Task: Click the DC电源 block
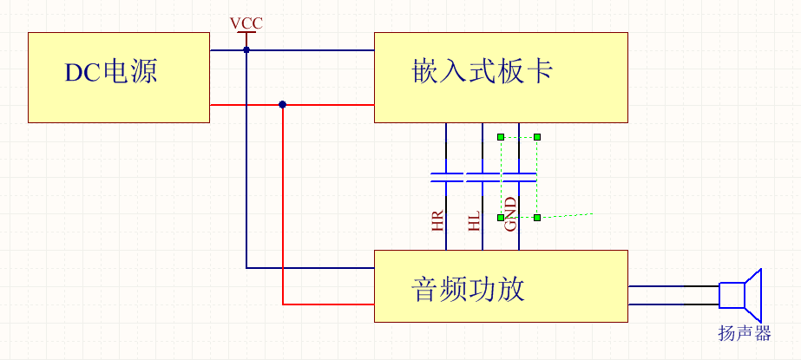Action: (119, 77)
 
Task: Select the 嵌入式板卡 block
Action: (501, 77)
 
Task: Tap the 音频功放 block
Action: (501, 286)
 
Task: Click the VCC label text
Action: (246, 23)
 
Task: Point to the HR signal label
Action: (437, 222)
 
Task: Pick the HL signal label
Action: (474, 222)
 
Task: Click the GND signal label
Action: (511, 214)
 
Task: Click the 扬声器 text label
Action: (745, 333)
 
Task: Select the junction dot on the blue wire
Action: (246, 50)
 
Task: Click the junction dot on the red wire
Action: (283, 105)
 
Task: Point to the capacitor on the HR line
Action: (446, 178)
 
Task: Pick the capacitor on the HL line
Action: (483, 178)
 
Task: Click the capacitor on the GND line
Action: (519, 178)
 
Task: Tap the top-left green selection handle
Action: (501, 137)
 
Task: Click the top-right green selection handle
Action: (537, 137)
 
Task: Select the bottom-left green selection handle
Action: (501, 217)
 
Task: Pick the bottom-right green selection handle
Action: (537, 217)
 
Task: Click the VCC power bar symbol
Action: (246, 34)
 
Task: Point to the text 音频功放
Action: (469, 287)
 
